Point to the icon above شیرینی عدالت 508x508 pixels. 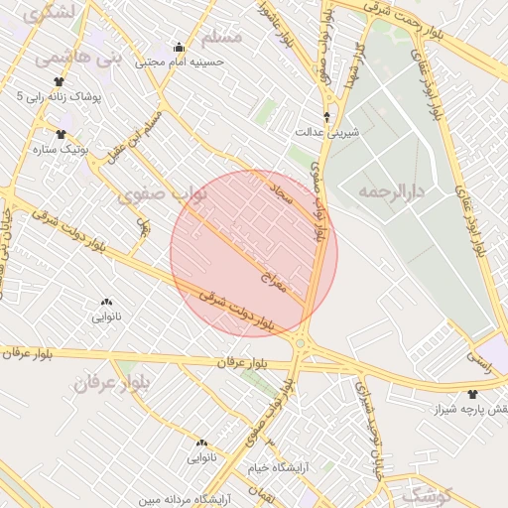point(327,116)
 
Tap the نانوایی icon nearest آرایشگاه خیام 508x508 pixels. point(201,443)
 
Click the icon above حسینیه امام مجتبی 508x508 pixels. point(179,46)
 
